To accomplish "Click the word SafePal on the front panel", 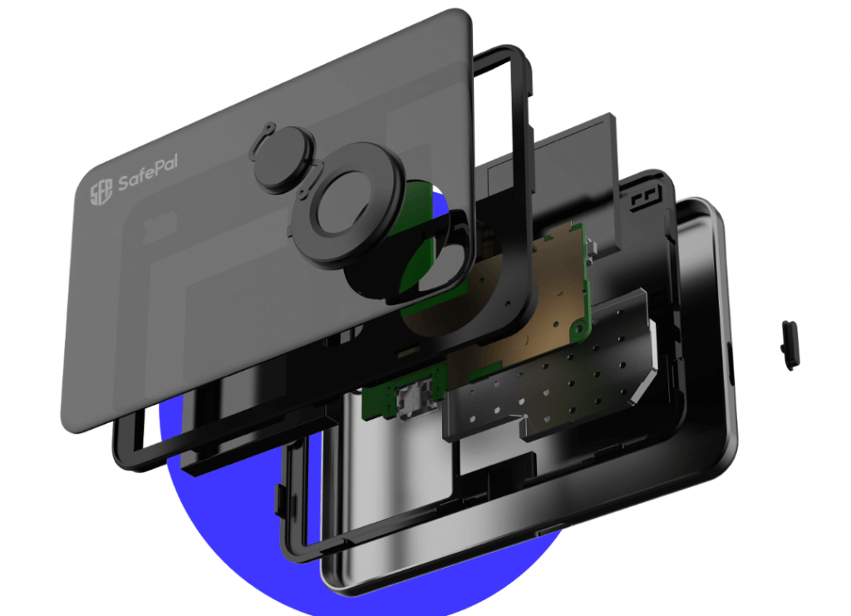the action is [148, 172].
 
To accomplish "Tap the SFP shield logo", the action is [101, 191].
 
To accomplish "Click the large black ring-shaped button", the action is [347, 207].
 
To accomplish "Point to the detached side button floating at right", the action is [790, 345].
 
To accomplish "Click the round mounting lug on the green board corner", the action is [578, 327].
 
